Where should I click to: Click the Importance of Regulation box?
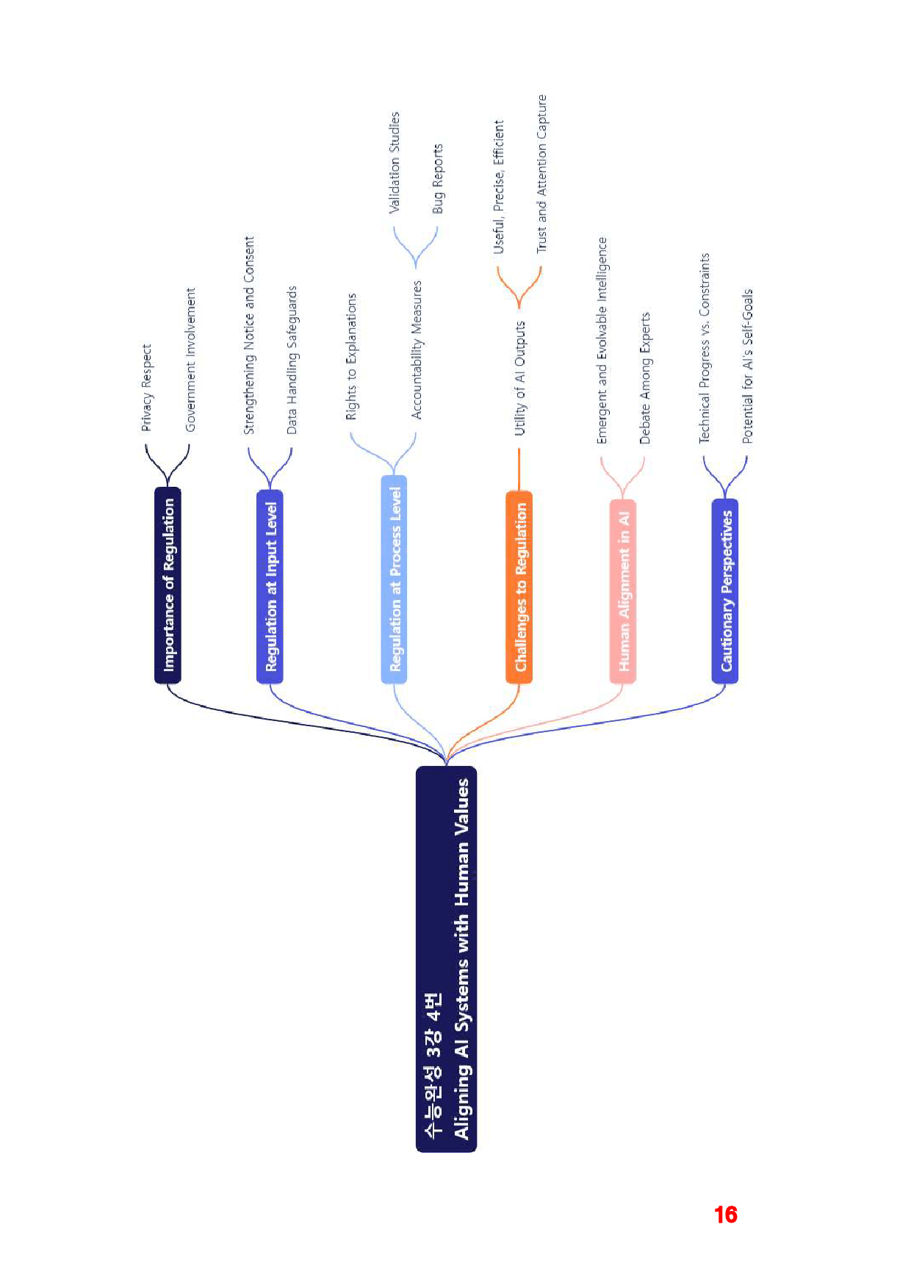coord(168,585)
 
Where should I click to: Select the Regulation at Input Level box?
coord(270,587)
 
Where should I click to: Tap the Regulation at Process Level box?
coord(395,579)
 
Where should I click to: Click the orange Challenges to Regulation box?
coord(519,587)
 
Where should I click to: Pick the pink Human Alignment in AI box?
coord(623,591)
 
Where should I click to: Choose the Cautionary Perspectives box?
coord(725,591)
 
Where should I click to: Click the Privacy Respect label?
coord(147,388)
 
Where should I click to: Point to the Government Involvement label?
coord(190,359)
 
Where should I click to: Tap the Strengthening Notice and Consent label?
coord(249,335)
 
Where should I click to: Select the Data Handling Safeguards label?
coord(292,360)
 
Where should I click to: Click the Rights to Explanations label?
coord(351,357)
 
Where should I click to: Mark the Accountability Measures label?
coord(417,350)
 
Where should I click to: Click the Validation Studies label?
coord(395,162)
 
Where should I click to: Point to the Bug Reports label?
coord(438,178)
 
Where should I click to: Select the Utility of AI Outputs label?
coord(520,378)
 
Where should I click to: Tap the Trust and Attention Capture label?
coord(541,174)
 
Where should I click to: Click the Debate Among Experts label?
coord(645,378)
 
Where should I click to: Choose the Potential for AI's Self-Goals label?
coord(747,366)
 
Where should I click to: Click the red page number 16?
coord(726,1215)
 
